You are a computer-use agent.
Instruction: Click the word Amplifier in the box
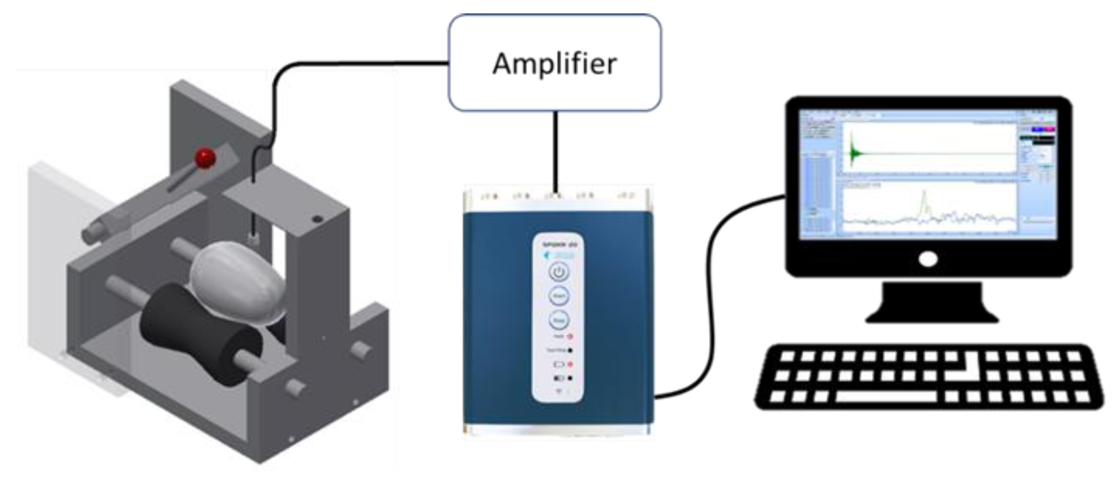pyautogui.click(x=554, y=64)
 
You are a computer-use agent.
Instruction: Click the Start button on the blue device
pyautogui.click(x=558, y=296)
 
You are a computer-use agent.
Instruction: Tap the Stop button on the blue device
pyautogui.click(x=558, y=320)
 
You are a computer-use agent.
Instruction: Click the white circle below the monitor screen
pyautogui.click(x=928, y=260)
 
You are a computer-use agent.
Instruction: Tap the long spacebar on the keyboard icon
pyautogui.click(x=885, y=396)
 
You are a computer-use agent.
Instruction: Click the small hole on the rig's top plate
pyautogui.click(x=318, y=219)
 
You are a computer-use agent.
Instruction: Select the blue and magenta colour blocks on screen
pyautogui.click(x=1044, y=130)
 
